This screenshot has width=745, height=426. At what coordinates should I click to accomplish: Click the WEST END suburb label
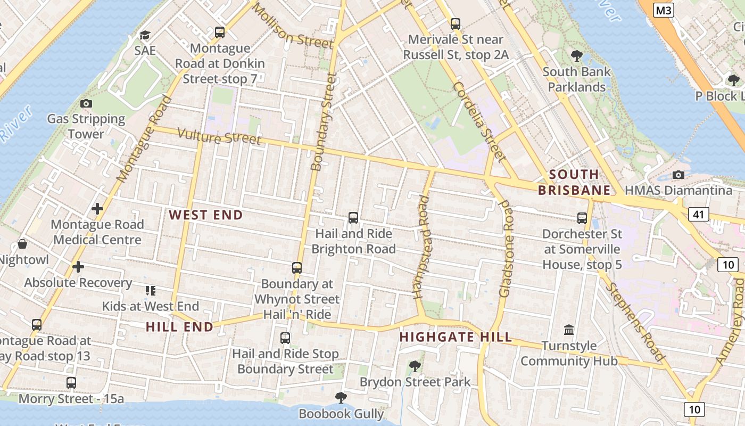(x=206, y=215)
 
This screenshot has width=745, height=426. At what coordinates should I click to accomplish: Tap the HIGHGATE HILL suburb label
(x=456, y=337)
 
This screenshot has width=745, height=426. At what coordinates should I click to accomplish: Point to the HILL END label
(x=179, y=327)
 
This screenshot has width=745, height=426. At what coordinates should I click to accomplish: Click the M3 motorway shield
(x=663, y=10)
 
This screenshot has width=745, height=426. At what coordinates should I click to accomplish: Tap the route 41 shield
(x=698, y=214)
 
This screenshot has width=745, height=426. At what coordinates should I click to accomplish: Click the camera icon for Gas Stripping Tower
(x=86, y=103)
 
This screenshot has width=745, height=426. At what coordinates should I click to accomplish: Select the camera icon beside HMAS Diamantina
(x=678, y=175)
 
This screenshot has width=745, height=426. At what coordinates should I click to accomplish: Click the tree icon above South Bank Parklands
(x=576, y=55)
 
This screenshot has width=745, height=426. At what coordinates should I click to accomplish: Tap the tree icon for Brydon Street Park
(x=415, y=366)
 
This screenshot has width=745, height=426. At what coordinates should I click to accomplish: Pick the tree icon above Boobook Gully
(x=341, y=398)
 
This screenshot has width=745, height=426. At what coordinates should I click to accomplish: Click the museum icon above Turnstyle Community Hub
(x=569, y=330)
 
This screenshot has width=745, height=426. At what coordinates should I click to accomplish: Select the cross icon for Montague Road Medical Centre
(x=97, y=209)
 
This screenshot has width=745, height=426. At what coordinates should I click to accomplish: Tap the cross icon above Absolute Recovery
(x=78, y=267)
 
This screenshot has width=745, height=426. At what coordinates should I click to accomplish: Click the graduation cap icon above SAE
(x=145, y=35)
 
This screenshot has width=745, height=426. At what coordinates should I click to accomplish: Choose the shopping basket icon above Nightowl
(x=22, y=244)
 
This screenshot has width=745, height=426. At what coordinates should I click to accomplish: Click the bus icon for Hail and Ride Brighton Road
(x=353, y=218)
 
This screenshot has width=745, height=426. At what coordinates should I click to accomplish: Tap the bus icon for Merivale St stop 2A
(x=455, y=24)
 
